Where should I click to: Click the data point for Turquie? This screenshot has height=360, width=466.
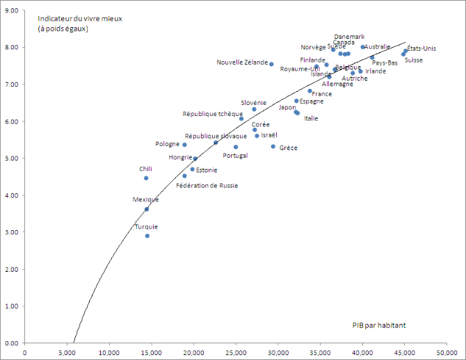pyautogui.click(x=147, y=236)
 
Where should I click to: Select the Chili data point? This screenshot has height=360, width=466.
pyautogui.click(x=146, y=178)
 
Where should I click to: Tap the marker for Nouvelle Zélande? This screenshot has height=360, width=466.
pyautogui.click(x=271, y=64)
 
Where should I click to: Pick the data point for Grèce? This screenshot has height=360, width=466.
pyautogui.click(x=273, y=147)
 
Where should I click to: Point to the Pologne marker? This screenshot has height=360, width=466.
pyautogui.click(x=184, y=145)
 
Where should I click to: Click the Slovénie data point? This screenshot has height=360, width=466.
pyautogui.click(x=254, y=109)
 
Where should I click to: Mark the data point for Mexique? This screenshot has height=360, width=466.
pyautogui.click(x=147, y=209)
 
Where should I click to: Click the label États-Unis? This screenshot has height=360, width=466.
pyautogui.click(x=421, y=48)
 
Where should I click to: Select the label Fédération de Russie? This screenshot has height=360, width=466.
pyautogui.click(x=207, y=186)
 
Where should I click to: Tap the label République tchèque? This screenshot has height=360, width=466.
pyautogui.click(x=213, y=113)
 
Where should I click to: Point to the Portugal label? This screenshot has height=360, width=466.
pyautogui.click(x=235, y=156)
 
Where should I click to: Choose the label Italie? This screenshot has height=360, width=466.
pyautogui.click(x=311, y=118)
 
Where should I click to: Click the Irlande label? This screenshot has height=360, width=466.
pyautogui.click(x=376, y=71)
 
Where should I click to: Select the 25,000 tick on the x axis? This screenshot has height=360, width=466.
pyautogui.click(x=236, y=352)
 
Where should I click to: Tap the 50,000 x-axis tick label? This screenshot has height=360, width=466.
pyautogui.click(x=447, y=352)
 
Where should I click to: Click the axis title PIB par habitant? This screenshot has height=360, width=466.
pyautogui.click(x=379, y=325)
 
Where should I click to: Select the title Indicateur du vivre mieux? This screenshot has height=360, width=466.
pyautogui.click(x=80, y=18)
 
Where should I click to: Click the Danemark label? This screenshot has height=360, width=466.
pyautogui.click(x=349, y=36)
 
